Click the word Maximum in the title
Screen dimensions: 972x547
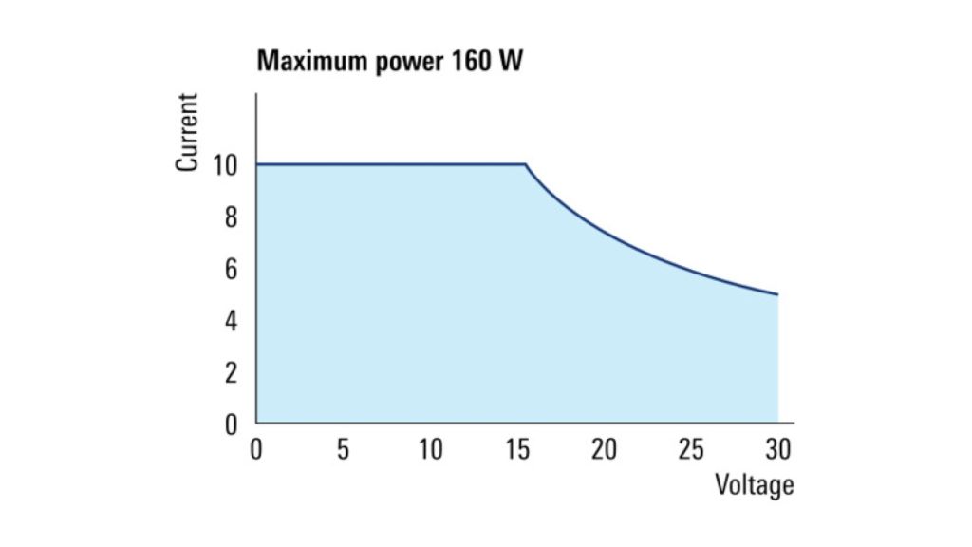click(311, 61)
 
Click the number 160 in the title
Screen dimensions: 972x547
click(471, 61)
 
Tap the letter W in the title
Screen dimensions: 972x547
click(510, 61)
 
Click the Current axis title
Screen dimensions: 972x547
click(187, 132)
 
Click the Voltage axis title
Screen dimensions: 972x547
click(755, 484)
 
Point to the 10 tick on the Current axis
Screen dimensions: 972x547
click(224, 165)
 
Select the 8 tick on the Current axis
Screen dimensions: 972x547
click(231, 217)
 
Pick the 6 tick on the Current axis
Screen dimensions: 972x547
click(231, 269)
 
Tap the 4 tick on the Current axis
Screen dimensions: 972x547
click(231, 321)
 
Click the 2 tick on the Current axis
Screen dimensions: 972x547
click(231, 373)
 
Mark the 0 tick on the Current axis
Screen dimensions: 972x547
click(231, 425)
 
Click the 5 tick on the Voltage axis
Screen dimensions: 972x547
click(343, 449)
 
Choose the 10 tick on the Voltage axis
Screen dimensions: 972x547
click(430, 449)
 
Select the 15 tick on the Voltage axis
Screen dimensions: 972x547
click(517, 449)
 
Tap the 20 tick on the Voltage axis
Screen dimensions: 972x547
click(604, 449)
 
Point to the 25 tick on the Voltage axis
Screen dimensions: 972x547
click(691, 449)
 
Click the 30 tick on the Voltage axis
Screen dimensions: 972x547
click(778, 449)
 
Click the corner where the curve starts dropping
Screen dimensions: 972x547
click(526, 164)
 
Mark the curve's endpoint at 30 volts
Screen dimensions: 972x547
click(777, 294)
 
